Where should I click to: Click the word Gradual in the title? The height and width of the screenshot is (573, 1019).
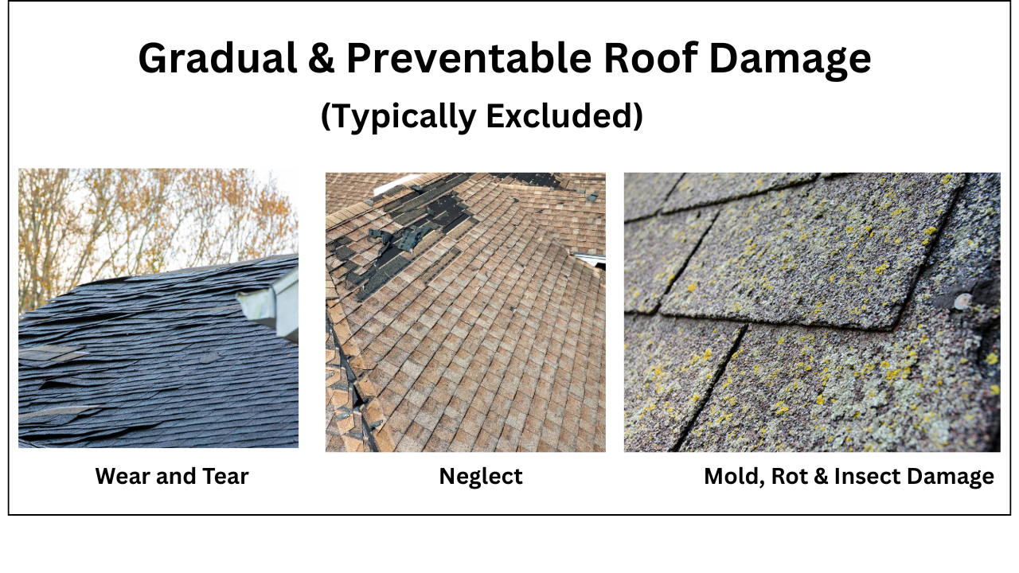[x=217, y=58]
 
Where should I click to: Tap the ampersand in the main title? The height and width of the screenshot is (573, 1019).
[x=321, y=58]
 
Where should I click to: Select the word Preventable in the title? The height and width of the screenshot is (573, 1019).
[x=469, y=58]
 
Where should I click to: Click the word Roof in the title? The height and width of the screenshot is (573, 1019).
[x=650, y=57]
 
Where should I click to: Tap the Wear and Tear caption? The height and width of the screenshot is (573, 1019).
[x=172, y=476]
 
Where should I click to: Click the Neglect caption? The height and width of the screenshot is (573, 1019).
[x=481, y=477]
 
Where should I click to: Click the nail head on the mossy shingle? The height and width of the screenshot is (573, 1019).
[x=962, y=299]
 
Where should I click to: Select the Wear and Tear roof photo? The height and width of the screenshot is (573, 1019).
[x=158, y=308]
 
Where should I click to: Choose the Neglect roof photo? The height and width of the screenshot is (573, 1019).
[x=466, y=312]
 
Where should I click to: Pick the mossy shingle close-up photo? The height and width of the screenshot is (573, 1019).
[x=812, y=312]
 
